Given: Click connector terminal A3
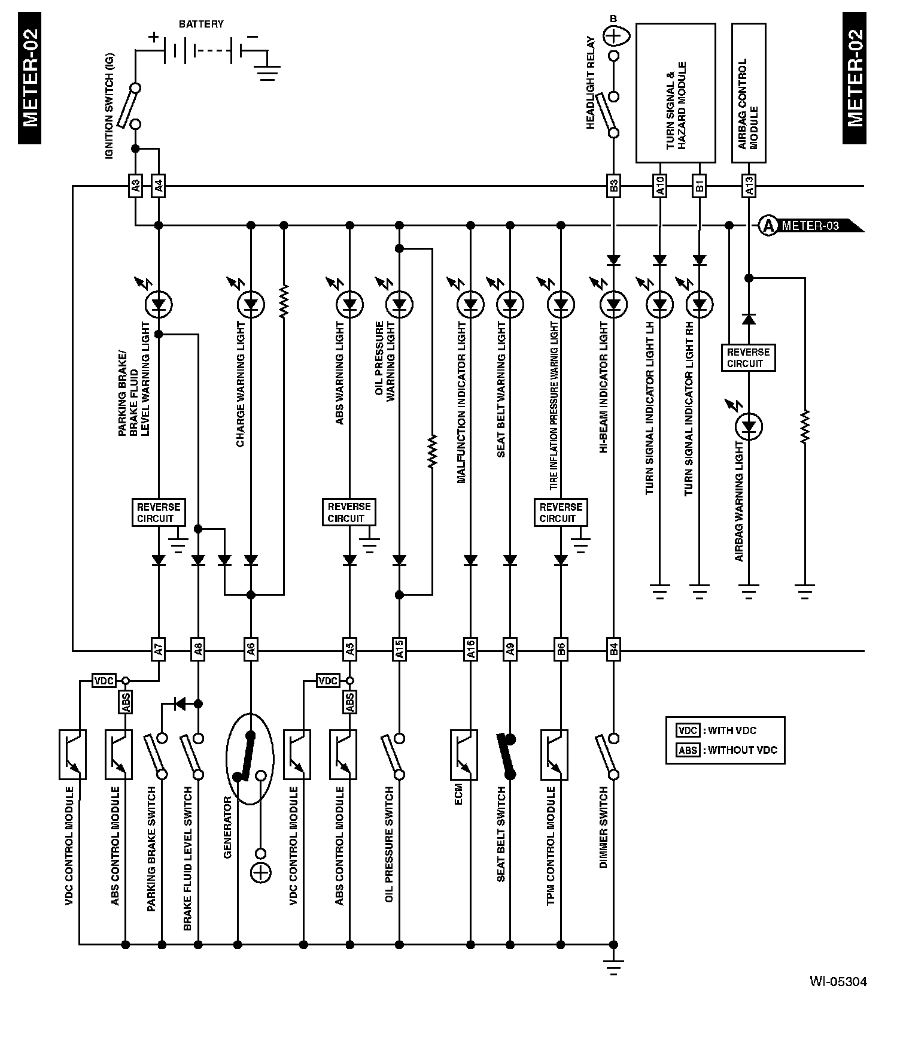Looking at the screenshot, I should (135, 187).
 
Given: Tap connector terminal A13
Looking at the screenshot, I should (748, 187).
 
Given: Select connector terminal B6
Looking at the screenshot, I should (561, 650).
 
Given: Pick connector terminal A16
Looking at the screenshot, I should (470, 650).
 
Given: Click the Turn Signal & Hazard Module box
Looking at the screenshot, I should (675, 93).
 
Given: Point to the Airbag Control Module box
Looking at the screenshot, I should (749, 93).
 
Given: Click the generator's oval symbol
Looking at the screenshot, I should (250, 759).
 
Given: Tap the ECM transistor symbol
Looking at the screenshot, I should (464, 754).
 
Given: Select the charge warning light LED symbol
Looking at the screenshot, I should (251, 305).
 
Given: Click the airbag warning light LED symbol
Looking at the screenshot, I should (748, 427).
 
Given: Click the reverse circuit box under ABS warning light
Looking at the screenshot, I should (349, 513).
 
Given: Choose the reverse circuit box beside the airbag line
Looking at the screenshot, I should (748, 357).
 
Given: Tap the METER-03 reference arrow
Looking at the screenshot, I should (811, 226).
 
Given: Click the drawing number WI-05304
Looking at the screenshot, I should (838, 981).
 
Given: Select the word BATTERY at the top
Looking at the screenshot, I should (201, 24).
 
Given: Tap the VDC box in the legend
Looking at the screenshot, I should (688, 730).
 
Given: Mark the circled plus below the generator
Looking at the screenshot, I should (260, 874).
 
